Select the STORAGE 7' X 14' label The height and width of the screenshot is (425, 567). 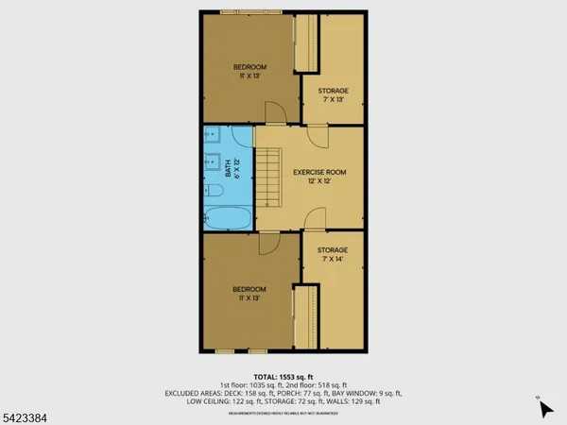pos(332,256)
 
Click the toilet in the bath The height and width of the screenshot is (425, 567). pos(213,192)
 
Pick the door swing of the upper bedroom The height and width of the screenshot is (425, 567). pos(274,114)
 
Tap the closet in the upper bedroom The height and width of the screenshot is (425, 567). pos(304,44)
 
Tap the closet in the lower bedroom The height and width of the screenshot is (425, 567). pos(304,317)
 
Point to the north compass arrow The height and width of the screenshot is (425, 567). pos(544,409)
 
